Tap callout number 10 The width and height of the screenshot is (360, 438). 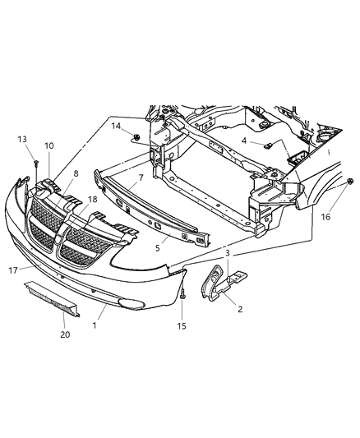(x=48, y=145)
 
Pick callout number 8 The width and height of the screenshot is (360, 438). (x=76, y=174)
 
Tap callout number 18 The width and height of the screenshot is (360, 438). (x=93, y=199)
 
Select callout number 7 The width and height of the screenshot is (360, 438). (x=141, y=178)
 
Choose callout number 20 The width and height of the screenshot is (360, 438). (x=64, y=334)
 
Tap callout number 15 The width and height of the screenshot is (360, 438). (x=182, y=326)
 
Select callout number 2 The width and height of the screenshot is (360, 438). (x=239, y=309)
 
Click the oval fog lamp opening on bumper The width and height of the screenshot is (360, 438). (x=132, y=303)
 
